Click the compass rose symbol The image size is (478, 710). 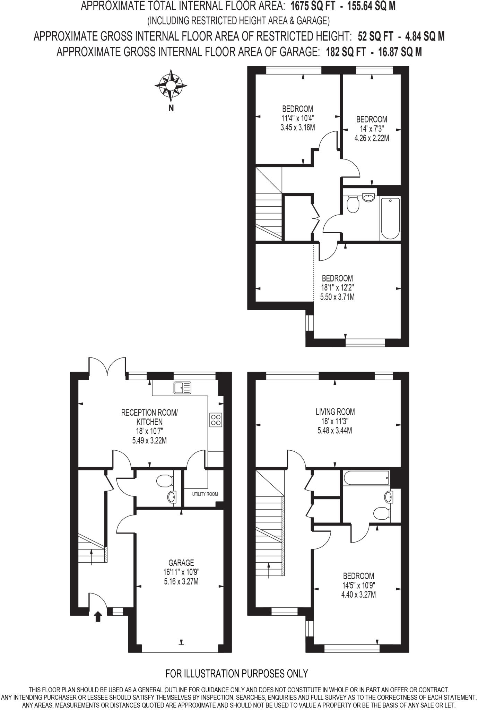pos(171,85)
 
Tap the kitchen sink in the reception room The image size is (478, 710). pos(183,388)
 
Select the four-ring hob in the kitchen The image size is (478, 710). pos(216,420)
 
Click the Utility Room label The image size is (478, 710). pos(205,494)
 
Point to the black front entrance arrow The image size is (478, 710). pos(98,616)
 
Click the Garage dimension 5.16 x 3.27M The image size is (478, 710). pos(181,582)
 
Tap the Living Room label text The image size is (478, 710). pos(335,412)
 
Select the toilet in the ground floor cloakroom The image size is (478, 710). pos(164,481)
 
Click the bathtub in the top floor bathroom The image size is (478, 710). pos(390,218)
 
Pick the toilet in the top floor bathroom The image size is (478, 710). pos(353,205)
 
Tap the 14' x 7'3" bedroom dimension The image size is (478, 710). pos(372,129)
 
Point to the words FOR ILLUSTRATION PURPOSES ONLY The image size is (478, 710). pos(237,674)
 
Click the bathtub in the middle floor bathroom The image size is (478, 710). pos(366,478)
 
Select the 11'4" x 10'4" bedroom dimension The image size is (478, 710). pos(297,118)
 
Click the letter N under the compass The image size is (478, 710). pos(171,108)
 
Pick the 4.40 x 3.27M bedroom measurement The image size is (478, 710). pos(358,595)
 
